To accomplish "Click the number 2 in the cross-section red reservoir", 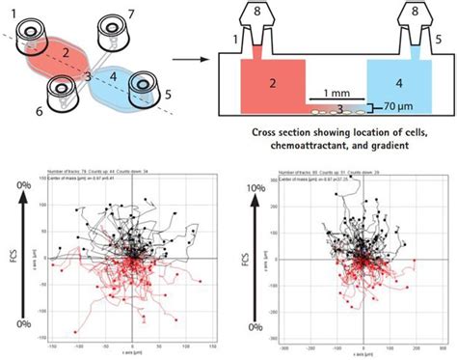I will click(x=273, y=84).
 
